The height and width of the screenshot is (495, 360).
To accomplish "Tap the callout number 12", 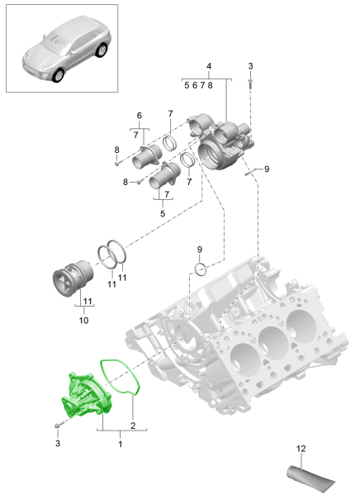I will [x=301, y=449].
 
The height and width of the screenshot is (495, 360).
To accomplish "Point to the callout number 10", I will [x=83, y=319].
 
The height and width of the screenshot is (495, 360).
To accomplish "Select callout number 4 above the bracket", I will [x=209, y=65].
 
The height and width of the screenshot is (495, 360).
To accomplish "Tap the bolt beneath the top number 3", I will [x=250, y=83].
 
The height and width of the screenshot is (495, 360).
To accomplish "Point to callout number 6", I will [x=139, y=115].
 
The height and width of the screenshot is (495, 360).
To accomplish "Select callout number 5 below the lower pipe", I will [x=161, y=213].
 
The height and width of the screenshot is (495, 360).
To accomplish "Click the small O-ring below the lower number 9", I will [x=201, y=268].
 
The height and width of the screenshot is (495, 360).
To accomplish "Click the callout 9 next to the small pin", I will [x=266, y=169].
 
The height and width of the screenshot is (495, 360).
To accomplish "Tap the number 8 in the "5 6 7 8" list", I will [x=211, y=85].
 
